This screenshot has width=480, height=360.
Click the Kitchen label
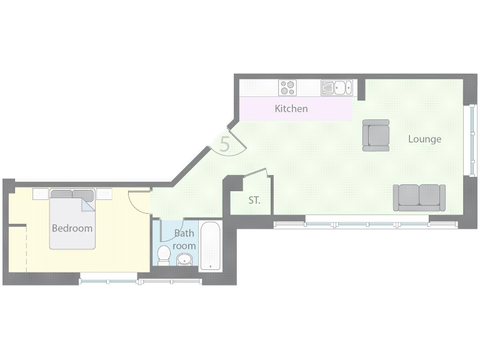pos(291,109)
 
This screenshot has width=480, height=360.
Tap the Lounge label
pos(424,139)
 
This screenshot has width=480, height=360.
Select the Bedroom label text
pos(72,228)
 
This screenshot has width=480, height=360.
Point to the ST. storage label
pos(254,201)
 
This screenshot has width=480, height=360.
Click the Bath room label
pos(184,239)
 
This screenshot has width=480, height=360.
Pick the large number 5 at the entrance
pos(225,144)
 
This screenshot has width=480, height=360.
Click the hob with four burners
pos(287,87)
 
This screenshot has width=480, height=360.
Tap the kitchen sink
pos(341,87)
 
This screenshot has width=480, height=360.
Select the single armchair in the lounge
pos(376,135)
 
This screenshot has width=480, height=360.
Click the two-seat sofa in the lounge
pos(419,197)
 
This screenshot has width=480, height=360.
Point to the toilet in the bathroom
pos(164,255)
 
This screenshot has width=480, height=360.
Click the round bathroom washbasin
pos(185,259)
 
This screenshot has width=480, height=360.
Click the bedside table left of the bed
pos(41,194)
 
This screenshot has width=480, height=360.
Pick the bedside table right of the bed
pos(104,194)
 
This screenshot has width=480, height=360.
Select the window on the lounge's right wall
pos(472,141)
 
